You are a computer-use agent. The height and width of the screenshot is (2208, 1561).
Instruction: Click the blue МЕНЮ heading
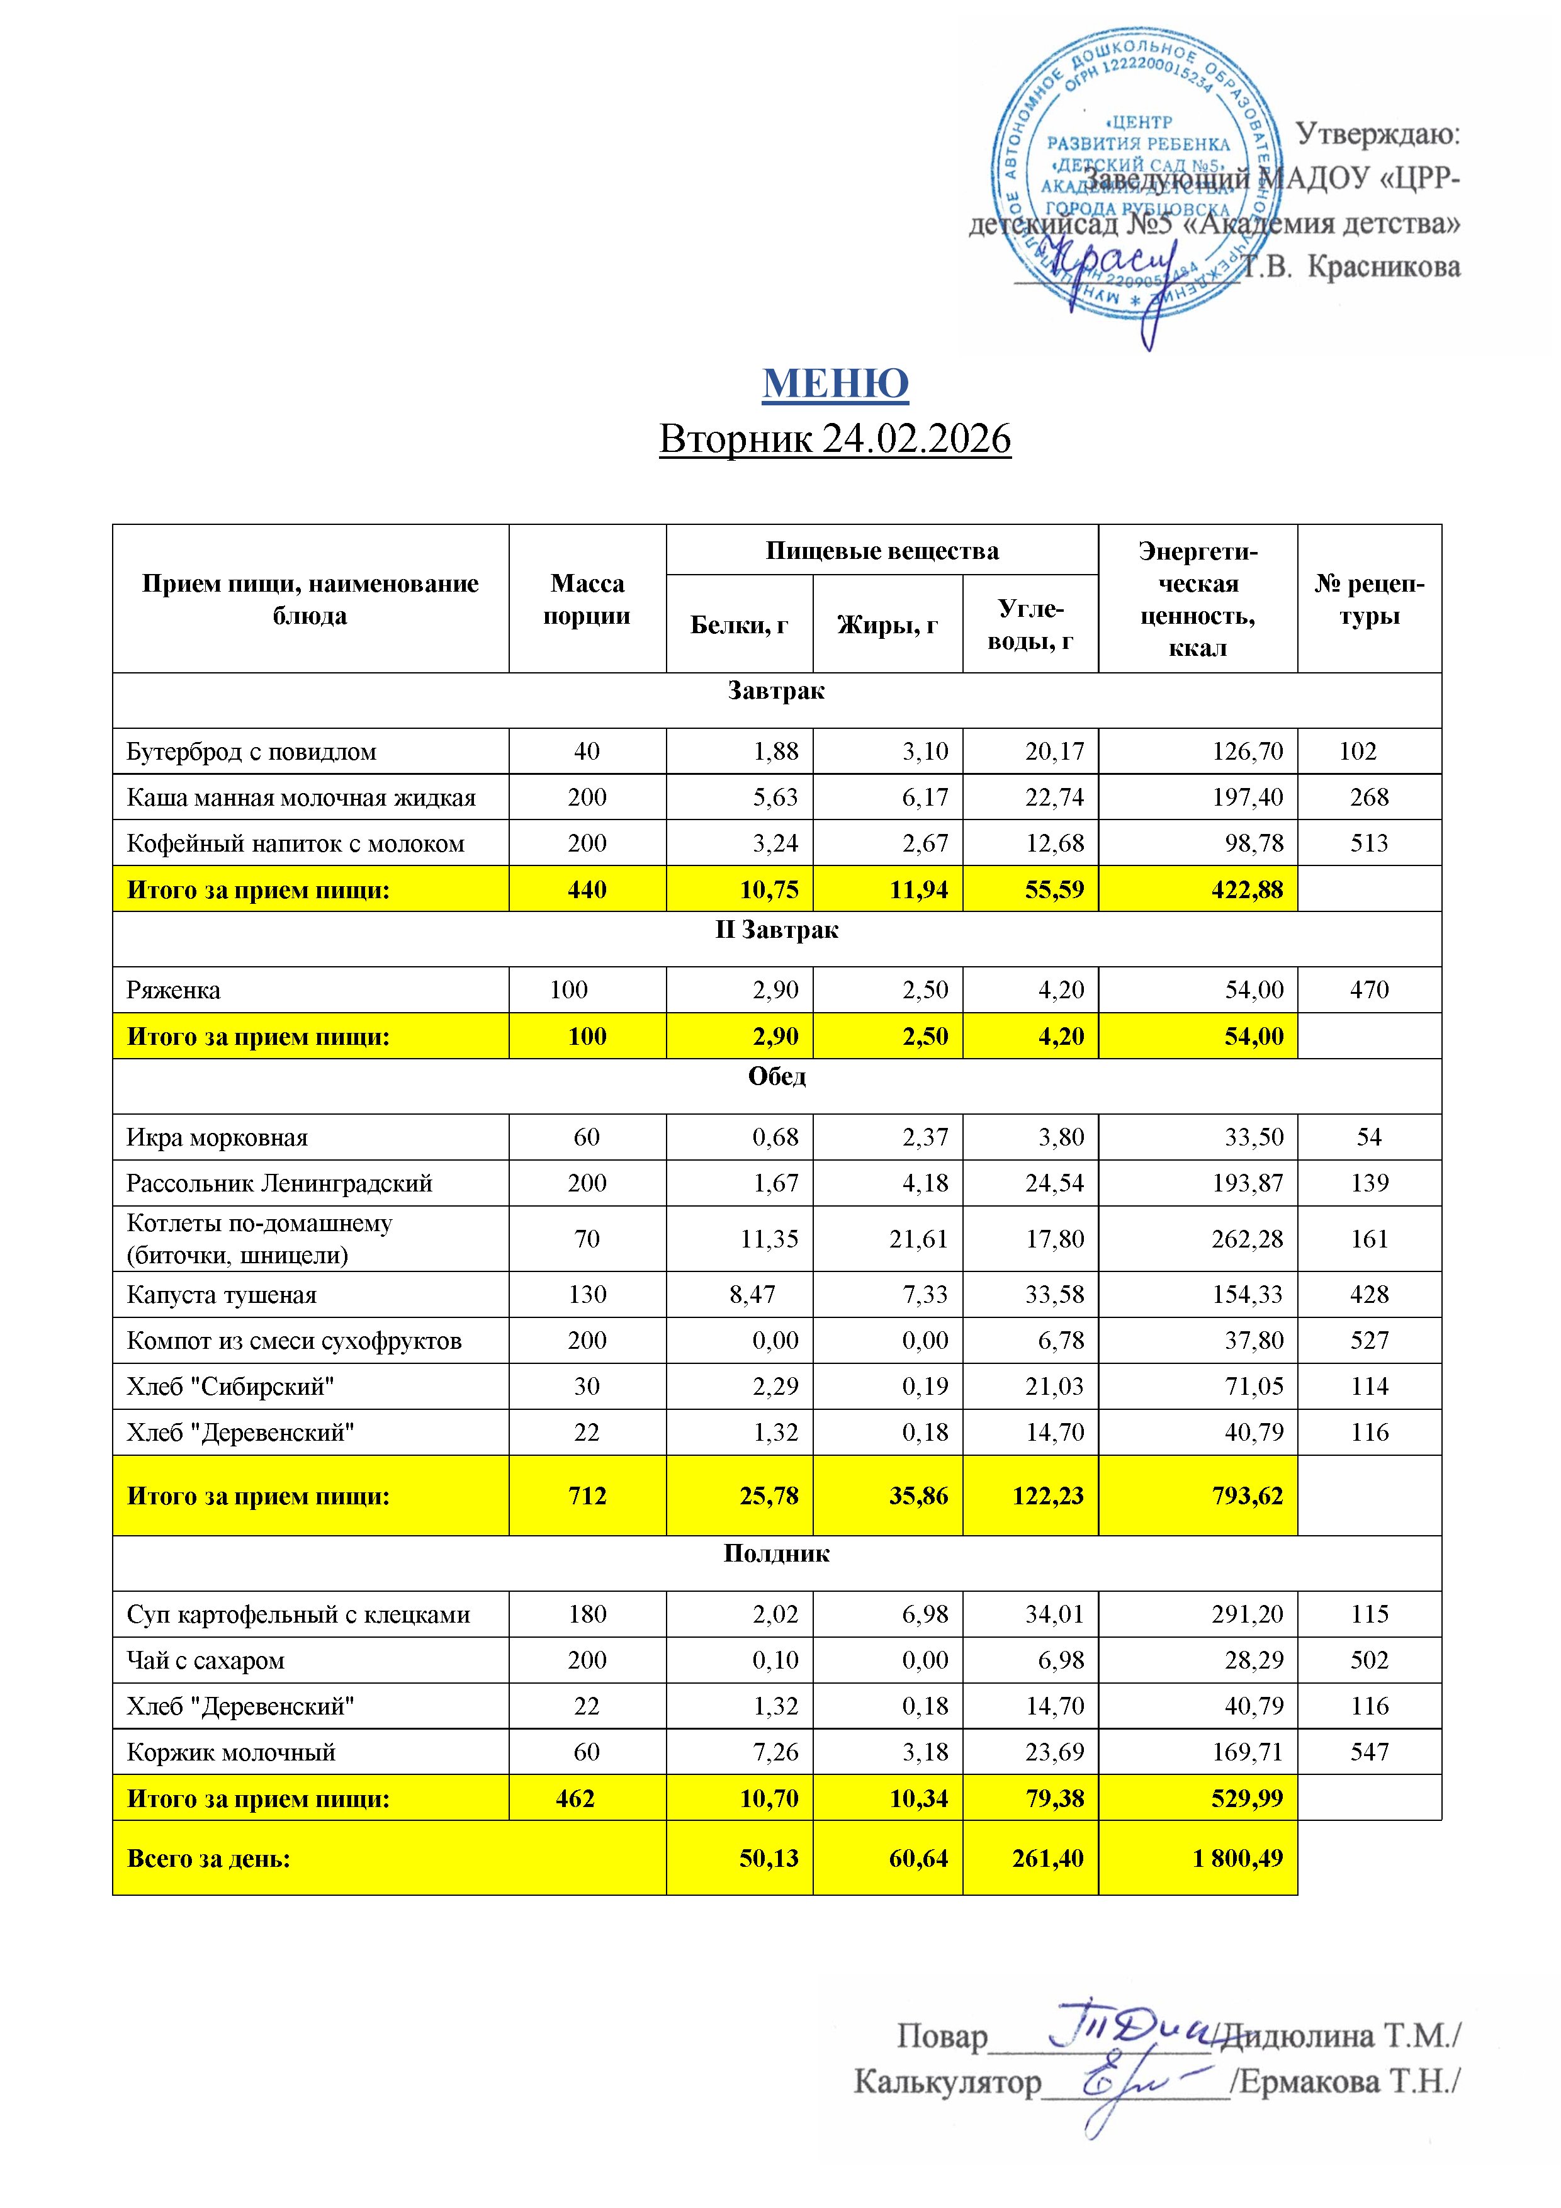pos(835,384)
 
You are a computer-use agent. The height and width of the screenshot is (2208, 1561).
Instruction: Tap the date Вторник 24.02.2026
pos(835,439)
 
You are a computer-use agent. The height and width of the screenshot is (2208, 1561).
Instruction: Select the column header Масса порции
pos(587,599)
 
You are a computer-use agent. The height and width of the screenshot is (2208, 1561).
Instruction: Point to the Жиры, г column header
pos(887,625)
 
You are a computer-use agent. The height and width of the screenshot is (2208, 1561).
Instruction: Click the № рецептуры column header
pos(1368,599)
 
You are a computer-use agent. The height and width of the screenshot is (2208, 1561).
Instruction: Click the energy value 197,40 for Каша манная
pos(1248,797)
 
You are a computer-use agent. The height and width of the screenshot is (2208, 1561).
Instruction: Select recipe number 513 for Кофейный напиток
pos(1368,843)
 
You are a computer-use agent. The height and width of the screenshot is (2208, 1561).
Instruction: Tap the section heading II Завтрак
pos(776,930)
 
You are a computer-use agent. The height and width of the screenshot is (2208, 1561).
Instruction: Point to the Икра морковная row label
pos(217,1137)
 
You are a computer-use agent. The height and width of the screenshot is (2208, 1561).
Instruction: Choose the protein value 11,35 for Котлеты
pos(769,1239)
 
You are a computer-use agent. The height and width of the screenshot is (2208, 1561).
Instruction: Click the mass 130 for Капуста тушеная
pos(587,1295)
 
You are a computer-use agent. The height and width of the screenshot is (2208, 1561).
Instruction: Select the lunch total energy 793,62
pos(1248,1495)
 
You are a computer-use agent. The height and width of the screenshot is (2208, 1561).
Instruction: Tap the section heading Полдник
pos(776,1553)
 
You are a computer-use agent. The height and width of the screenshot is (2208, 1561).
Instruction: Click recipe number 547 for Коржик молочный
pos(1368,1752)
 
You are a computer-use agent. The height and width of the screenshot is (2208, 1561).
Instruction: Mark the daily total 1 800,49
pos(1238,1858)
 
